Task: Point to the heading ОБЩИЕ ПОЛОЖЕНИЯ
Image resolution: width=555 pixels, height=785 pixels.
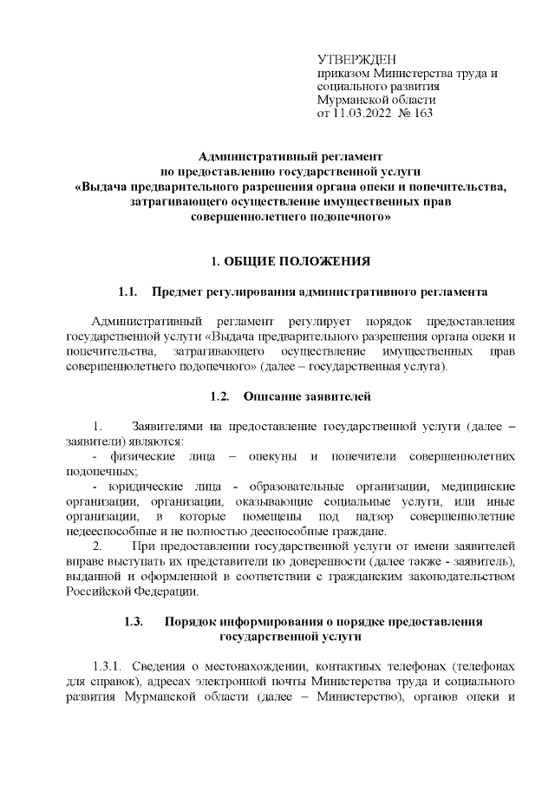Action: pos(298,260)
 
